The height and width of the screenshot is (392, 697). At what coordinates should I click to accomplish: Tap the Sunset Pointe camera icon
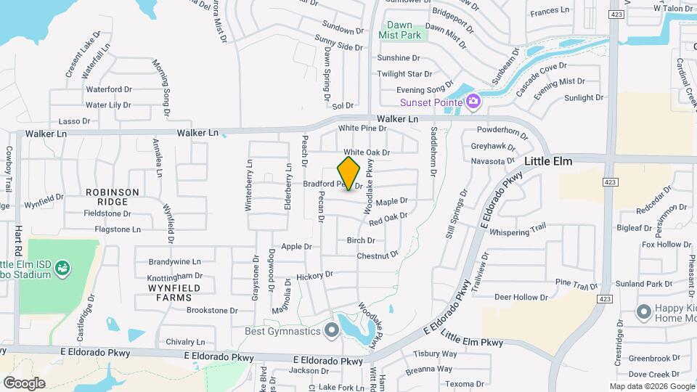click(473, 101)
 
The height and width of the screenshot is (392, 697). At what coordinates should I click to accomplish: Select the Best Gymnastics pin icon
click(332, 331)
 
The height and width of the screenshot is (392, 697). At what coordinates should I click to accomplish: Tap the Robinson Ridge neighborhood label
click(112, 197)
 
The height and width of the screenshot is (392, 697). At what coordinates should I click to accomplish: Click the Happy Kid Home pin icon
click(643, 313)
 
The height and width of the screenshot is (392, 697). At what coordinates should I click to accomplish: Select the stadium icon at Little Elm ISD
click(63, 269)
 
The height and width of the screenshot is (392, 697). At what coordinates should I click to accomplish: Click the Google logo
click(24, 383)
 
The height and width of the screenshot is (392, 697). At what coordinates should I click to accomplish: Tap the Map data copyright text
click(651, 386)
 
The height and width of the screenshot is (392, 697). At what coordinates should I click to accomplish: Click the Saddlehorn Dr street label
click(433, 152)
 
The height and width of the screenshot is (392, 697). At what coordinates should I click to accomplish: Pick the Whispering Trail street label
click(518, 230)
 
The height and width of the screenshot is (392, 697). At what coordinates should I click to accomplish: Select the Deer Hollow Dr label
click(521, 297)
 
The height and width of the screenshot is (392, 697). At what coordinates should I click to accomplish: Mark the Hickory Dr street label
click(314, 276)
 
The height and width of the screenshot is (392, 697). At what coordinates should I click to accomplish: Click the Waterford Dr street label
click(109, 89)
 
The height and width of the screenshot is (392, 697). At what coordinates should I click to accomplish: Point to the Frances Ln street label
click(550, 11)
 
